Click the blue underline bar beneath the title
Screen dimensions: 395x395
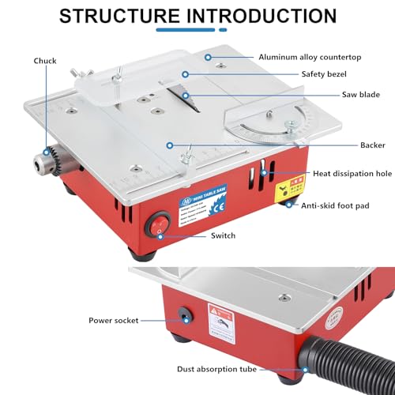pos(197,31)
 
